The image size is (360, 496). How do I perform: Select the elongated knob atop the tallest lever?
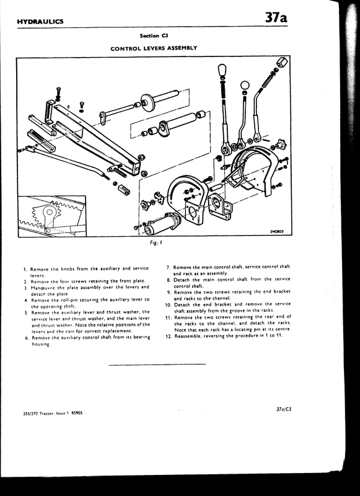(220, 70)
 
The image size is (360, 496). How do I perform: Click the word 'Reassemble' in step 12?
(190, 335)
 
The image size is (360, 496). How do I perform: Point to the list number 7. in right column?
(169, 267)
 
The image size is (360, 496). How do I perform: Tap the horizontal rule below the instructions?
(156, 364)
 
